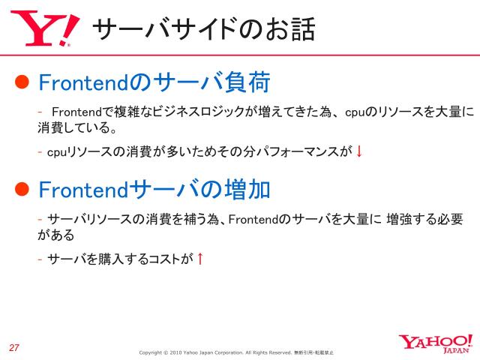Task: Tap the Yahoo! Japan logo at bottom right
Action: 435,343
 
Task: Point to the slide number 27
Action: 14,346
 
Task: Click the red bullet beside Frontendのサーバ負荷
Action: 22,81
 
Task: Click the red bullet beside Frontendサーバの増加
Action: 22,188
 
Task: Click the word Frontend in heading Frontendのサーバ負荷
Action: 83,81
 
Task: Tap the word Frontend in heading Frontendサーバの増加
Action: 83,188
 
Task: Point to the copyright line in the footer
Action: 236,352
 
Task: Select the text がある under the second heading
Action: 56,235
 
